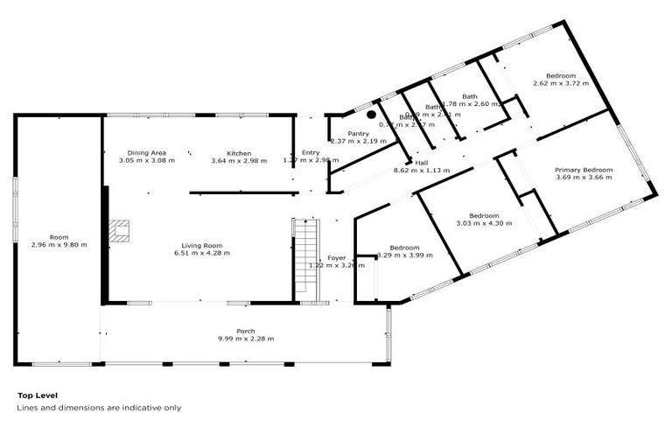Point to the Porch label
[234, 332]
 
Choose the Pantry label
[358, 133]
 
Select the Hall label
[422, 163]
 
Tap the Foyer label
[337, 258]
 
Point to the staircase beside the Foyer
[303, 258]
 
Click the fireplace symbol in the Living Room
[118, 230]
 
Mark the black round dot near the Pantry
[371, 114]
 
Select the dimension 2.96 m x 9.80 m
[59, 245]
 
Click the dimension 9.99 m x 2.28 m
[234, 339]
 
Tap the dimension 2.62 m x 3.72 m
[560, 84]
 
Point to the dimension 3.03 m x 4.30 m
[484, 223]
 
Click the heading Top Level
[38, 395]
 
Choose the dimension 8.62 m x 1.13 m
[422, 170]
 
